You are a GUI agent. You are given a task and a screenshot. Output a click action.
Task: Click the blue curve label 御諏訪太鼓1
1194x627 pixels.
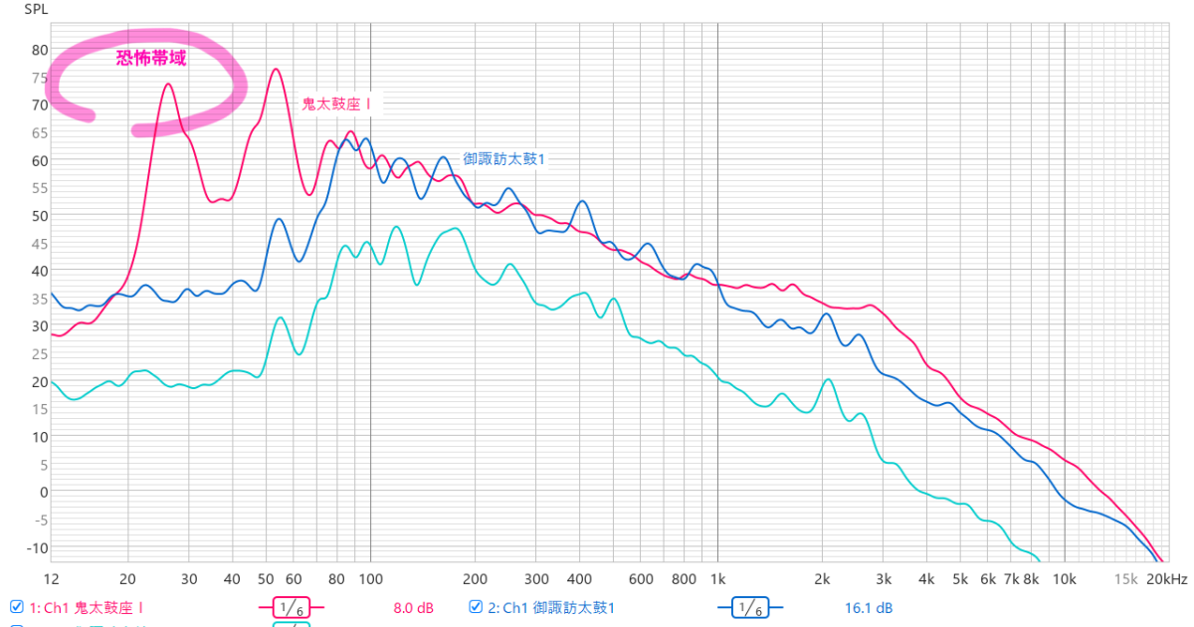coord(504,159)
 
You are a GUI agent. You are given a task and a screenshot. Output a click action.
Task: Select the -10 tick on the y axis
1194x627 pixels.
coord(38,547)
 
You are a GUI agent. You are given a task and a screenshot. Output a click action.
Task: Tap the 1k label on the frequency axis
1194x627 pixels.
coord(717,579)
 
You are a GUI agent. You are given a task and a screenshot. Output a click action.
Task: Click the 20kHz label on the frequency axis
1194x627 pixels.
coord(1166,579)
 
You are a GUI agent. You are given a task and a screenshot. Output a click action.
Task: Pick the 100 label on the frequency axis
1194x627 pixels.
coord(370,579)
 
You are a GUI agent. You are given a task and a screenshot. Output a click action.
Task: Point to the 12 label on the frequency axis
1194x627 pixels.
coord(52,579)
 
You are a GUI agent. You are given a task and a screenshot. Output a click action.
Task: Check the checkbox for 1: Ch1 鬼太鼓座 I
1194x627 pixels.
coord(16,606)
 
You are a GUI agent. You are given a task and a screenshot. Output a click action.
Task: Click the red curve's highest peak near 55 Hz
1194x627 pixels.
coord(276,69)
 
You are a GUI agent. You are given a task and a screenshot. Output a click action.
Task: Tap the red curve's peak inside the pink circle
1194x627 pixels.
coord(168,84)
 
